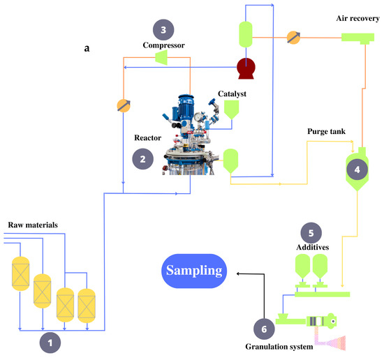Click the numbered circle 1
(x=50, y=343)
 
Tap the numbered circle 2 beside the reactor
(x=142, y=159)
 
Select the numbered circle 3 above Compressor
(x=163, y=30)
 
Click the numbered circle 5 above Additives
(x=311, y=233)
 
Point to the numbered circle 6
(x=264, y=329)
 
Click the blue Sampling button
(x=194, y=271)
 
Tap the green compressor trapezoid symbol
(x=161, y=57)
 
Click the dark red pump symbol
(x=246, y=68)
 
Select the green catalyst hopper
(x=231, y=110)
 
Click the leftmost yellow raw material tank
(x=21, y=273)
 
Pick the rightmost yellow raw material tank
(x=87, y=306)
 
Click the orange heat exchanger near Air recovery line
(x=293, y=38)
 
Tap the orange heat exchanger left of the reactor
(x=124, y=106)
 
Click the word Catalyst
(x=232, y=93)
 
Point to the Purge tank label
(x=327, y=131)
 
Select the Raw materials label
(x=33, y=225)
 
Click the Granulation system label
(x=279, y=347)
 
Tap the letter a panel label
(x=87, y=48)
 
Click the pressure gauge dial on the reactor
(x=198, y=117)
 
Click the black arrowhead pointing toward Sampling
(x=238, y=273)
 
